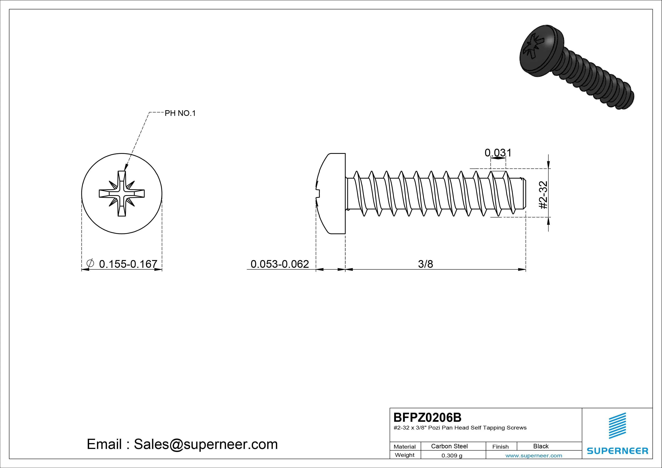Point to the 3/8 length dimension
(426, 264)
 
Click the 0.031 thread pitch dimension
(498, 152)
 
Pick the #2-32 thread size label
(543, 195)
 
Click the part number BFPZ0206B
(427, 417)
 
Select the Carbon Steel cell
(449, 446)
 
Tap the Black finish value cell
(541, 446)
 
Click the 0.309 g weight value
(452, 456)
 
